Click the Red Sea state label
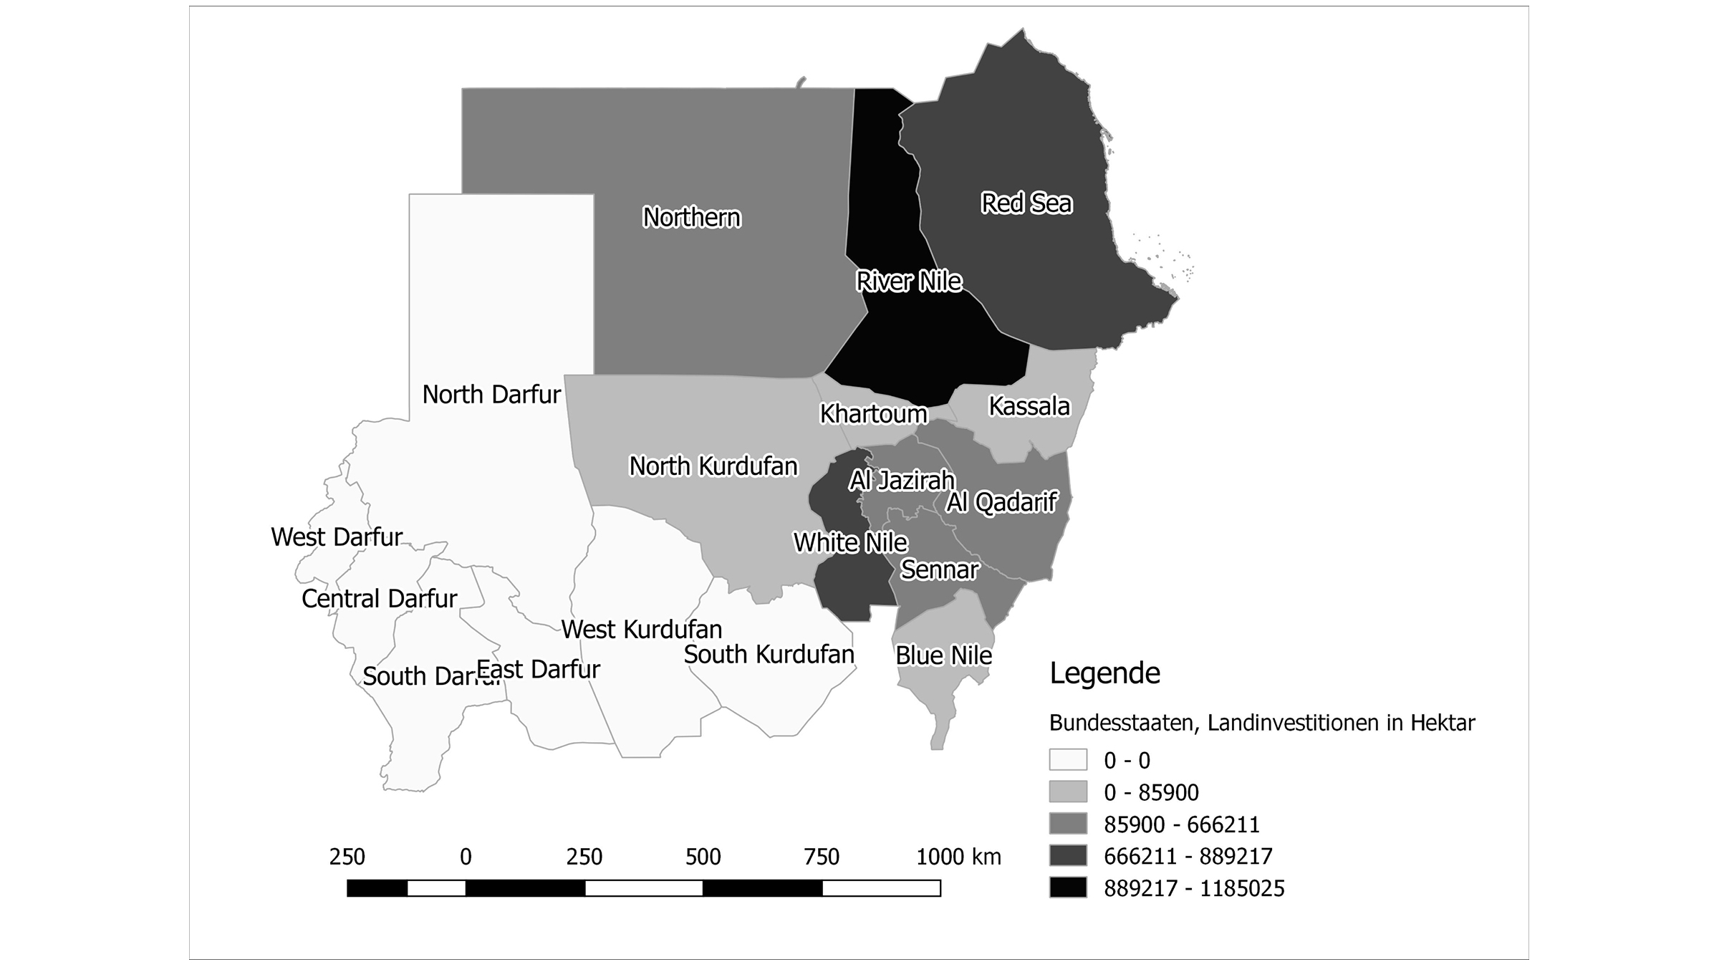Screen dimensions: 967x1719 point(1026,203)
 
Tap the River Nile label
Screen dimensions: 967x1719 point(908,282)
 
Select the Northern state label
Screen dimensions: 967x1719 point(691,217)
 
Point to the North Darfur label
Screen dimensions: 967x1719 point(491,395)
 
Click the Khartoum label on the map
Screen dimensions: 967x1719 point(873,414)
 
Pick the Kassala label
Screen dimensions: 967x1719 point(1029,407)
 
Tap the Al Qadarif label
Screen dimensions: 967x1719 point(1001,503)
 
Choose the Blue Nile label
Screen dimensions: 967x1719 point(943,655)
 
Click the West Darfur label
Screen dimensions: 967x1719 point(337,537)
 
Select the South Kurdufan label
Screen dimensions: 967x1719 point(769,655)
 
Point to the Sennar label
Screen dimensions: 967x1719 point(939,570)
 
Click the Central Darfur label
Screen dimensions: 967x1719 point(379,599)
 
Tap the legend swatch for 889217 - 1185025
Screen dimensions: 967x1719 point(1068,887)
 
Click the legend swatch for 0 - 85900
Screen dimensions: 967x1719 point(1068,792)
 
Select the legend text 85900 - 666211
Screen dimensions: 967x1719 point(1181,824)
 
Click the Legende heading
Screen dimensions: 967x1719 point(1104,673)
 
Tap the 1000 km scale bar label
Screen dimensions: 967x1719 point(958,857)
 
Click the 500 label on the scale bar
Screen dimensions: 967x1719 point(703,857)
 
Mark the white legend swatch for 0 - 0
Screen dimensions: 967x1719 point(1068,759)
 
